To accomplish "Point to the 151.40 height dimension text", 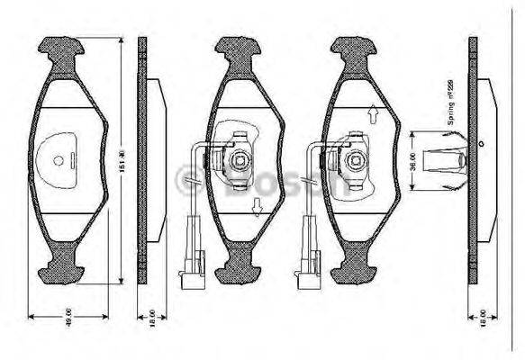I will coord(123,162).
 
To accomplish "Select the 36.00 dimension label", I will coord(413,162).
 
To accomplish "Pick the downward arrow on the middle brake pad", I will coord(258,211).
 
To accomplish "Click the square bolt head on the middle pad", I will coord(240,162).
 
